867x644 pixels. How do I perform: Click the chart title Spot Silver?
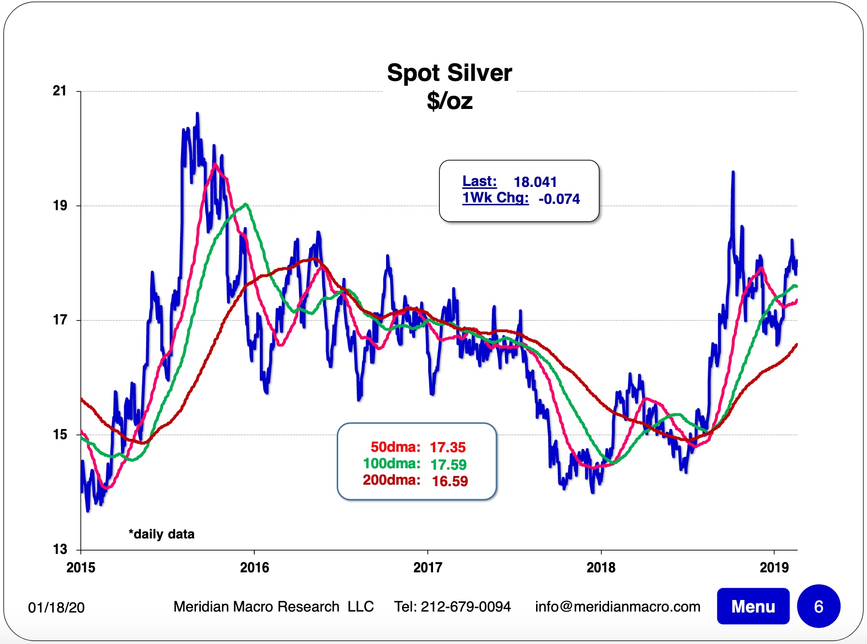[449, 73]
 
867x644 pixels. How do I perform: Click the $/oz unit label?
[449, 101]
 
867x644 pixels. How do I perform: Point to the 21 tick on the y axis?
[60, 91]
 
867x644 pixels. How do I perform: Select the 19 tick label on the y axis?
[60, 205]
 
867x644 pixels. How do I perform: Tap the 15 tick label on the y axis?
[60, 434]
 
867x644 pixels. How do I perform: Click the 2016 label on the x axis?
[254, 567]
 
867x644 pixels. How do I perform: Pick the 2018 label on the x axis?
[601, 567]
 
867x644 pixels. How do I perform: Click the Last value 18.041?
[535, 182]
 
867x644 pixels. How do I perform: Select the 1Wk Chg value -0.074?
[559, 199]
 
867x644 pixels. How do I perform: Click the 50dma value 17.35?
[448, 447]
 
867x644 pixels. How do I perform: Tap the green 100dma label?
[391, 464]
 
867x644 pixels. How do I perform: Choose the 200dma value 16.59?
[450, 481]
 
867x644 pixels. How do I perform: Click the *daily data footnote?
[162, 534]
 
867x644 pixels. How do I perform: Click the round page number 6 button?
[819, 606]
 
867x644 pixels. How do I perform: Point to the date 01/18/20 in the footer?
[56, 607]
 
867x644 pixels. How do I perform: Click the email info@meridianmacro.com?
[617, 607]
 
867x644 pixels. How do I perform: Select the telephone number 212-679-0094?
[465, 607]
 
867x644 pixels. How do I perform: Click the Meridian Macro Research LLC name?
[273, 607]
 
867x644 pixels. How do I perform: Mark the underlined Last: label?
[479, 181]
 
